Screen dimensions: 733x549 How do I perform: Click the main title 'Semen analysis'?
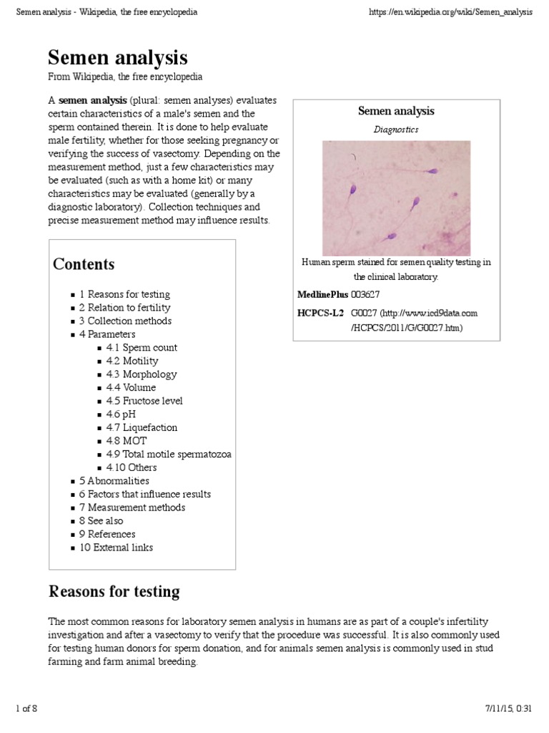[117, 57]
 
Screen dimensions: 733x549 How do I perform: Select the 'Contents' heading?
[84, 264]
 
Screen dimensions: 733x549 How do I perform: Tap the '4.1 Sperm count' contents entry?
[142, 347]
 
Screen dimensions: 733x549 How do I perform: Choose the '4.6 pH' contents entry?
[121, 414]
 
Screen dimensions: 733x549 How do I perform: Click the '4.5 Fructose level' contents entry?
[144, 401]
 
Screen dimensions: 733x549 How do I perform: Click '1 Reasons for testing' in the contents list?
[124, 294]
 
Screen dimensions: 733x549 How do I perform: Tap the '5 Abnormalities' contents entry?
[114, 481]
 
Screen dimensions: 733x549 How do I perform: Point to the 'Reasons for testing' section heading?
[114, 592]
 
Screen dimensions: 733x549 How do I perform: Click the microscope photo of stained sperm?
[396, 198]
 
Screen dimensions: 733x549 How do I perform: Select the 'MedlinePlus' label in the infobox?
[322, 294]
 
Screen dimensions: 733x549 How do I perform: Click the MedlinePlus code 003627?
[365, 294]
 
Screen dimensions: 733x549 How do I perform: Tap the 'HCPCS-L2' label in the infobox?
[320, 313]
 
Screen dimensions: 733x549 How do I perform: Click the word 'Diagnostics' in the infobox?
[396, 130]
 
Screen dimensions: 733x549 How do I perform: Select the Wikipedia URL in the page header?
[450, 12]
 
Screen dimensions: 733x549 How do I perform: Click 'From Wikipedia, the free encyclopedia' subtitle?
[125, 77]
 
